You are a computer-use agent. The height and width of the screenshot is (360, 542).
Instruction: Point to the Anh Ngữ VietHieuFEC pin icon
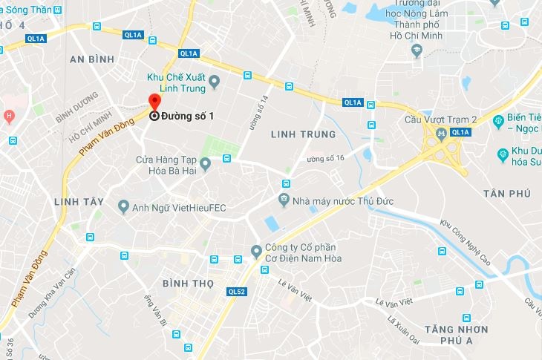coord(124,206)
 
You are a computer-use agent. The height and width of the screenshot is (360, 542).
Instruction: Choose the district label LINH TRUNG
coord(303,134)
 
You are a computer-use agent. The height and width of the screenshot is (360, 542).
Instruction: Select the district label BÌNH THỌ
coord(187,283)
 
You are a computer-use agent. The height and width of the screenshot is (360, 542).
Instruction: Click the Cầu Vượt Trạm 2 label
coord(440,120)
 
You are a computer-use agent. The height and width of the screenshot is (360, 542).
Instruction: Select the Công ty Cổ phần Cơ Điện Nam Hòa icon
coord(256,250)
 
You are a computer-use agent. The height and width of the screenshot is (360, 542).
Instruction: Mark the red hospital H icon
coord(9,116)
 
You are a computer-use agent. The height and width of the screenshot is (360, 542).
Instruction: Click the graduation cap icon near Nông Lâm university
coord(417,50)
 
